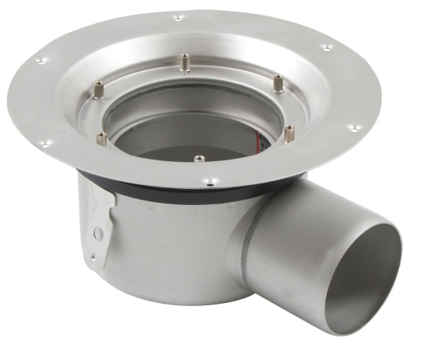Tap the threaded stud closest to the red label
(x=288, y=133)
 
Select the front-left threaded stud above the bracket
(x=102, y=140)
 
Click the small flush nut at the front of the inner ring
(x=199, y=159)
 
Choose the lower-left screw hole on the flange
(x=45, y=143)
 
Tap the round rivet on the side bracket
(x=97, y=234)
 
